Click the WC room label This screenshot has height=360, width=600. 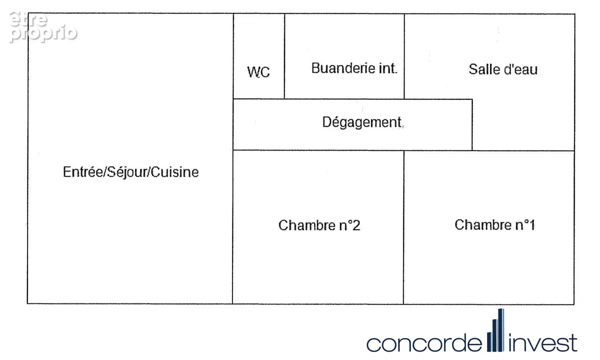(x=258, y=72)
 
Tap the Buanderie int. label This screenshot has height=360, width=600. (x=354, y=68)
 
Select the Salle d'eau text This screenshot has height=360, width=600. (x=503, y=69)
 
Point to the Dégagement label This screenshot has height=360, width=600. (x=362, y=122)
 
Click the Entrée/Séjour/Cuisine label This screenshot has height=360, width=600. (x=130, y=172)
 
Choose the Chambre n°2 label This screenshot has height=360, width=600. (x=319, y=225)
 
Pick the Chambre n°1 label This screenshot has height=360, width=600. (x=494, y=224)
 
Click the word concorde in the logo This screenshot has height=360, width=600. (x=424, y=343)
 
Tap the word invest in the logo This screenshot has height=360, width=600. (x=542, y=342)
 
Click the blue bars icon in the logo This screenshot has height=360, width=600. (x=495, y=330)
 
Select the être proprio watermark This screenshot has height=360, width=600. (x=43, y=27)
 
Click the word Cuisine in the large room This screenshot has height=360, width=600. (x=174, y=172)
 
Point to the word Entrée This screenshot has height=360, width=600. (x=83, y=171)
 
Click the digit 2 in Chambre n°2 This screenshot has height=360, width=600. (x=356, y=225)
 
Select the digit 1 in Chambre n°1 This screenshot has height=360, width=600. (x=531, y=224)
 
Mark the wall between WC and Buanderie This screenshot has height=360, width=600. (x=284, y=56)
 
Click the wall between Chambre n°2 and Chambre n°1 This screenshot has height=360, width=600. (x=403, y=227)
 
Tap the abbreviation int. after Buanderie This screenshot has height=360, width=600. (x=388, y=68)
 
